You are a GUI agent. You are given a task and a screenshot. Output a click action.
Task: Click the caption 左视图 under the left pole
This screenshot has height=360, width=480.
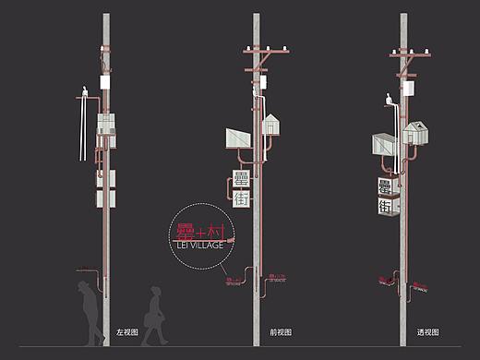tap(126, 331)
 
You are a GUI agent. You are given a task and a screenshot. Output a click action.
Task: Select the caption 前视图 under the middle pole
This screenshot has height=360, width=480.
tap(280, 331)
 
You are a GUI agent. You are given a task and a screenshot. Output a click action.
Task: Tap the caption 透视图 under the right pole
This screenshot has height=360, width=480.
tap(426, 331)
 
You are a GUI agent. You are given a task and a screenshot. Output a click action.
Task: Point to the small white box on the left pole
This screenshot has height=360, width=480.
tap(104, 83)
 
